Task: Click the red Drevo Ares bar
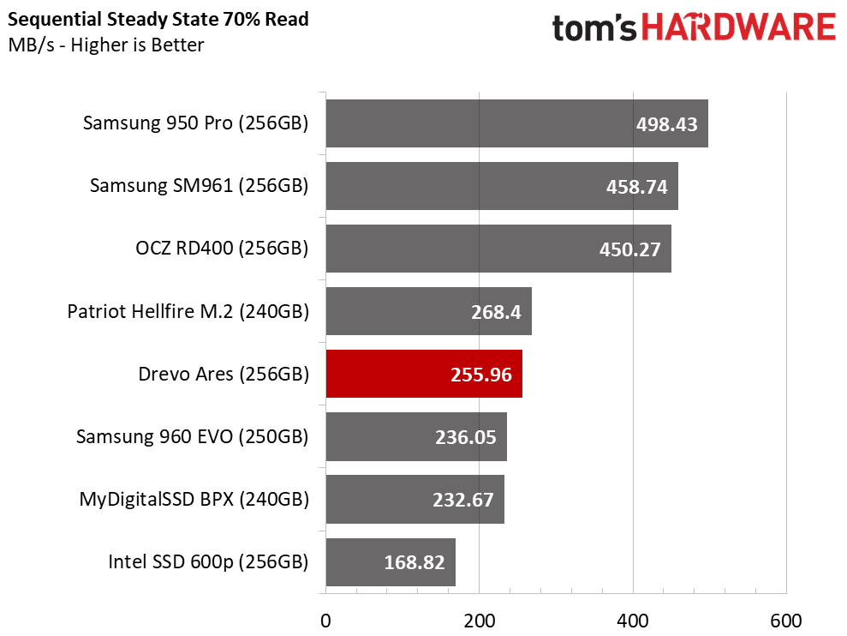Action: pyautogui.click(x=424, y=374)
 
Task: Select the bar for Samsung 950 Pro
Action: pyautogui.click(x=517, y=123)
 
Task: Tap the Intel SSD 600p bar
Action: pyautogui.click(x=391, y=562)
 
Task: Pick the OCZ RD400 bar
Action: pyautogui.click(x=498, y=249)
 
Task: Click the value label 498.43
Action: pyautogui.click(x=666, y=124)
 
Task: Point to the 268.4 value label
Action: pyautogui.click(x=496, y=312)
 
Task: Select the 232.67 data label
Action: pyautogui.click(x=463, y=500)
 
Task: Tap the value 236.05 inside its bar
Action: pyautogui.click(x=466, y=437)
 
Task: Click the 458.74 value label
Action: pyautogui.click(x=637, y=187)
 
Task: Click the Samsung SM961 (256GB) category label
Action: pyautogui.click(x=199, y=185)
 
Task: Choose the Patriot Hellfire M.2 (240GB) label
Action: pyautogui.click(x=188, y=311)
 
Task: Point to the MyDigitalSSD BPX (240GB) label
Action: pyautogui.click(x=194, y=499)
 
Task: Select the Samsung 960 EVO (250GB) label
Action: pyautogui.click(x=193, y=436)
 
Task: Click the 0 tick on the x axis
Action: pyautogui.click(x=325, y=621)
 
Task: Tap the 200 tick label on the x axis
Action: pyautogui.click(x=479, y=621)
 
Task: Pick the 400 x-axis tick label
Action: pyautogui.click(x=633, y=621)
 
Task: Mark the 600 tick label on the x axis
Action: pyautogui.click(x=786, y=621)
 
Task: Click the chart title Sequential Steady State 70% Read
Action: pyautogui.click(x=158, y=20)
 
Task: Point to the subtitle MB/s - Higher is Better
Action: pyautogui.click(x=106, y=45)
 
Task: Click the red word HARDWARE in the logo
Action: pyautogui.click(x=738, y=27)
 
